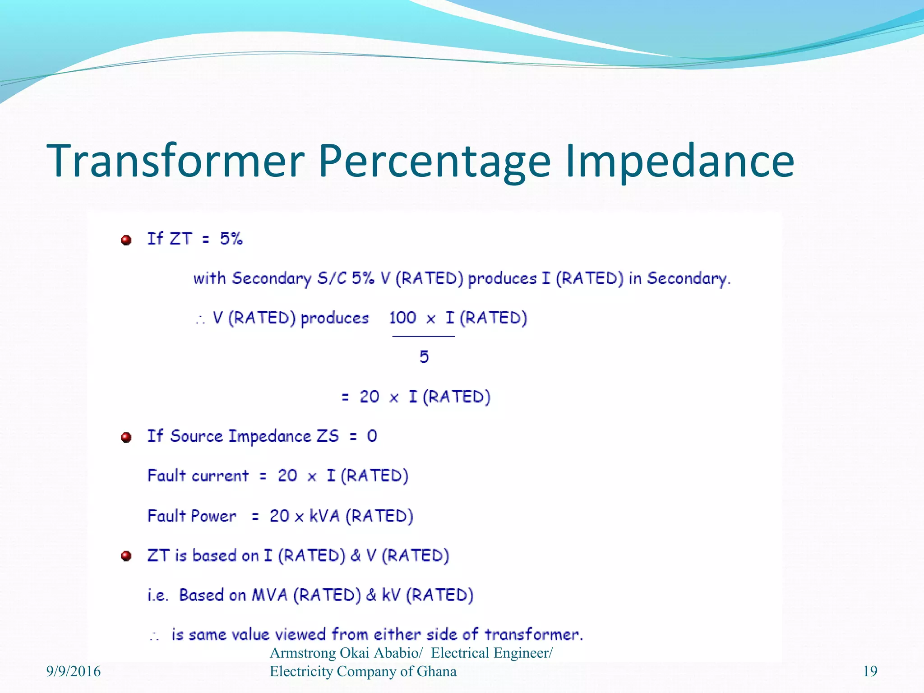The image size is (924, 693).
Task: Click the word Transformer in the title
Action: coord(176,161)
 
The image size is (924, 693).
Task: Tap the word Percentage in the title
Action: coord(434,161)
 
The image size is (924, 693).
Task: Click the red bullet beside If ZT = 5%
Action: coord(126,240)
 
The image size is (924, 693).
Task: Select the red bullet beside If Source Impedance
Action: coord(126,437)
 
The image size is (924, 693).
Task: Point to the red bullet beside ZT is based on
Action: coord(126,556)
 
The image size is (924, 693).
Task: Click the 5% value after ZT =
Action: coord(231,238)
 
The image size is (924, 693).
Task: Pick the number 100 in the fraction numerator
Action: coord(402,318)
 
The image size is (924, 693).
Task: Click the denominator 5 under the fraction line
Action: coord(424,357)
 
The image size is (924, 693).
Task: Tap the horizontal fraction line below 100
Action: coord(423,336)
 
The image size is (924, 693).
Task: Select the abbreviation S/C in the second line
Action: coord(332,278)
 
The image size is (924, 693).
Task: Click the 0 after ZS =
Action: coord(372,436)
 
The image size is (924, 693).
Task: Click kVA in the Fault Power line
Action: coord(324,516)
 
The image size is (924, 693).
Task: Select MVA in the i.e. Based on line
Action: coord(269,595)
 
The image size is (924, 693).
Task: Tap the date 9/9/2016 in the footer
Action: coord(74,671)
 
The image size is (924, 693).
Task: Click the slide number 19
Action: coord(870,671)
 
